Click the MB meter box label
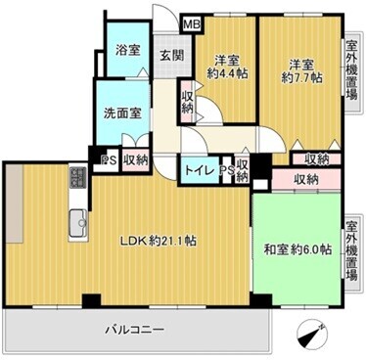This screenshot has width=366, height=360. pos(192,24)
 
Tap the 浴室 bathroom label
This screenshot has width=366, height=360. pos(128,50)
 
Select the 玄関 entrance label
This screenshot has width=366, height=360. pos(171,56)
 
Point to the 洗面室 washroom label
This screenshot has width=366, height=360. pos(122,112)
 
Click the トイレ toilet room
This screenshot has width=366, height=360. pos(200,170)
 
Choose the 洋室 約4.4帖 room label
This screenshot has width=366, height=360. pos(227,67)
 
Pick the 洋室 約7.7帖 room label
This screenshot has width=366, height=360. pos(301,71)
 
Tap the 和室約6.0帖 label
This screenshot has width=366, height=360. pos(297,249)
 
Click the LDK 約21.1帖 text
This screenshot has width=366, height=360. pos(159,241)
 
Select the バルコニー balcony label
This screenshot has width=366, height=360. pos(134,330)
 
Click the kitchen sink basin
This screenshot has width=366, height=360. pos(78,224)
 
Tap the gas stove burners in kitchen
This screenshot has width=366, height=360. pos(78,177)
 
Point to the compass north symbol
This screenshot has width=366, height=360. pos(312,334)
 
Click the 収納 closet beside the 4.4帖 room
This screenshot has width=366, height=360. pos(188,102)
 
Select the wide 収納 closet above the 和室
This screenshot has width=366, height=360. pos(305,179)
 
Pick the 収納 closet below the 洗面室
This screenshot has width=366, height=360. pos(135,159)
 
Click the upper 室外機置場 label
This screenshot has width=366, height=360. pos(351,69)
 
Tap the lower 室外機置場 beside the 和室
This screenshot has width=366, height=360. pos(351,251)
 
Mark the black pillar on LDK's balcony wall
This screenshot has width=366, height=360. pos(91,301)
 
